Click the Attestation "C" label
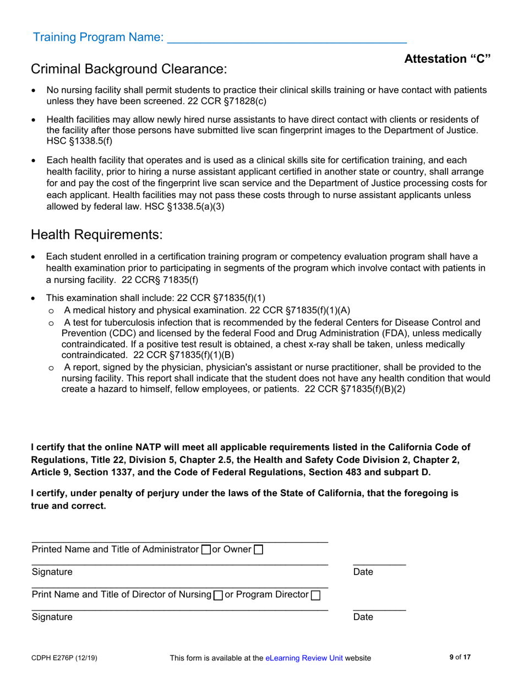point(447,59)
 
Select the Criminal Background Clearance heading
point(129,69)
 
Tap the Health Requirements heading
point(97,234)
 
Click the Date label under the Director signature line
point(363,617)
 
